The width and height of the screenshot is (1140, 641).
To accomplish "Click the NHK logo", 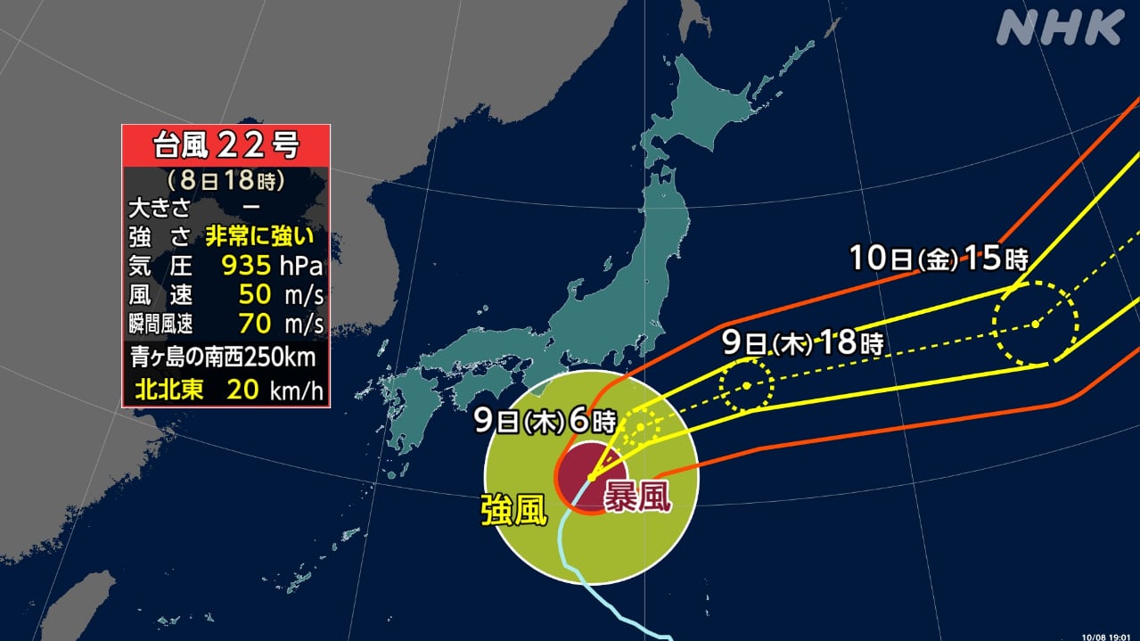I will (x=1059, y=28).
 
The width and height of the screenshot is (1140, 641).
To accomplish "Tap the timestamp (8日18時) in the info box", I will (x=226, y=181).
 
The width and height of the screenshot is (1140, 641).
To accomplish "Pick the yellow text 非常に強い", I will (x=260, y=237).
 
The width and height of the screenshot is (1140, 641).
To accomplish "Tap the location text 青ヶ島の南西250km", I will (x=226, y=358).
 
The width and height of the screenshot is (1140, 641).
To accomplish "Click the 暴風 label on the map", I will (x=637, y=496).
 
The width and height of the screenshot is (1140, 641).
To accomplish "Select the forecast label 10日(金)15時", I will (x=939, y=259).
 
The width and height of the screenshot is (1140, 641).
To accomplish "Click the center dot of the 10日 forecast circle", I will (x=1036, y=324).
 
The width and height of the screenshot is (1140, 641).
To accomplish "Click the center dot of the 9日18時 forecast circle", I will (x=746, y=385).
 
